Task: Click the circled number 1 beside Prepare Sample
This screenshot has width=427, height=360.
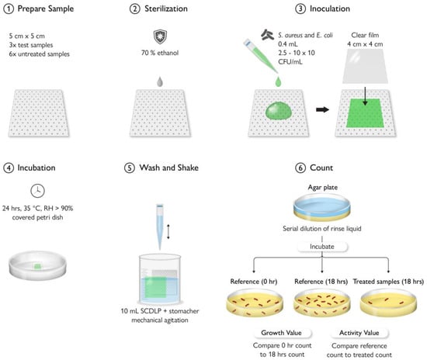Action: pyautogui.click(x=9, y=9)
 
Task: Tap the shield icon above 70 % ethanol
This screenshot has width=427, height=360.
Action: pyautogui.click(x=160, y=36)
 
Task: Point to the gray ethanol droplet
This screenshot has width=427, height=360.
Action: pyautogui.click(x=160, y=81)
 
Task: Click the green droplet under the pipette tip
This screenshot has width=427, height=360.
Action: pyautogui.click(x=278, y=81)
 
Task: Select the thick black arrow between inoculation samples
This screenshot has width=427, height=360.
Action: pyautogui.click(x=322, y=109)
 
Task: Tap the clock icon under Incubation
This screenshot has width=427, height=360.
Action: pyautogui.click(x=37, y=191)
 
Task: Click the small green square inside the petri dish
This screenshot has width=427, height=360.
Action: pyautogui.click(x=37, y=266)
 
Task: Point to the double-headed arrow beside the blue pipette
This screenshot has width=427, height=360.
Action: pyautogui.click(x=168, y=231)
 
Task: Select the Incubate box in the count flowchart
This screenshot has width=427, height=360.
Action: pyautogui.click(x=322, y=247)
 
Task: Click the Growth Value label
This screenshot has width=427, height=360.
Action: pyautogui.click(x=281, y=333)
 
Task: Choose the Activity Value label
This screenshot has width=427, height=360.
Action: pyautogui.click(x=359, y=333)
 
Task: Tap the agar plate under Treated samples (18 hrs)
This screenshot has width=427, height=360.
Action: pyautogui.click(x=388, y=302)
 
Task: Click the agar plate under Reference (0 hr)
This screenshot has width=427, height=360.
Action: pyautogui.click(x=255, y=303)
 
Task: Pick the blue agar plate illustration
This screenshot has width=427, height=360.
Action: pyautogui.click(x=322, y=207)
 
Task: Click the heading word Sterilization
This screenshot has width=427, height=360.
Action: pyautogui.click(x=166, y=9)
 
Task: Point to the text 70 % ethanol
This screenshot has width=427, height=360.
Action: pyautogui.click(x=160, y=53)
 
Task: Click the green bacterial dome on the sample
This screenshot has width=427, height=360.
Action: pyautogui.click(x=278, y=110)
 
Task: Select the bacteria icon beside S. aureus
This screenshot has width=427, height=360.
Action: pyautogui.click(x=267, y=35)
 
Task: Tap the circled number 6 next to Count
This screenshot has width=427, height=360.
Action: pyautogui.click(x=300, y=168)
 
